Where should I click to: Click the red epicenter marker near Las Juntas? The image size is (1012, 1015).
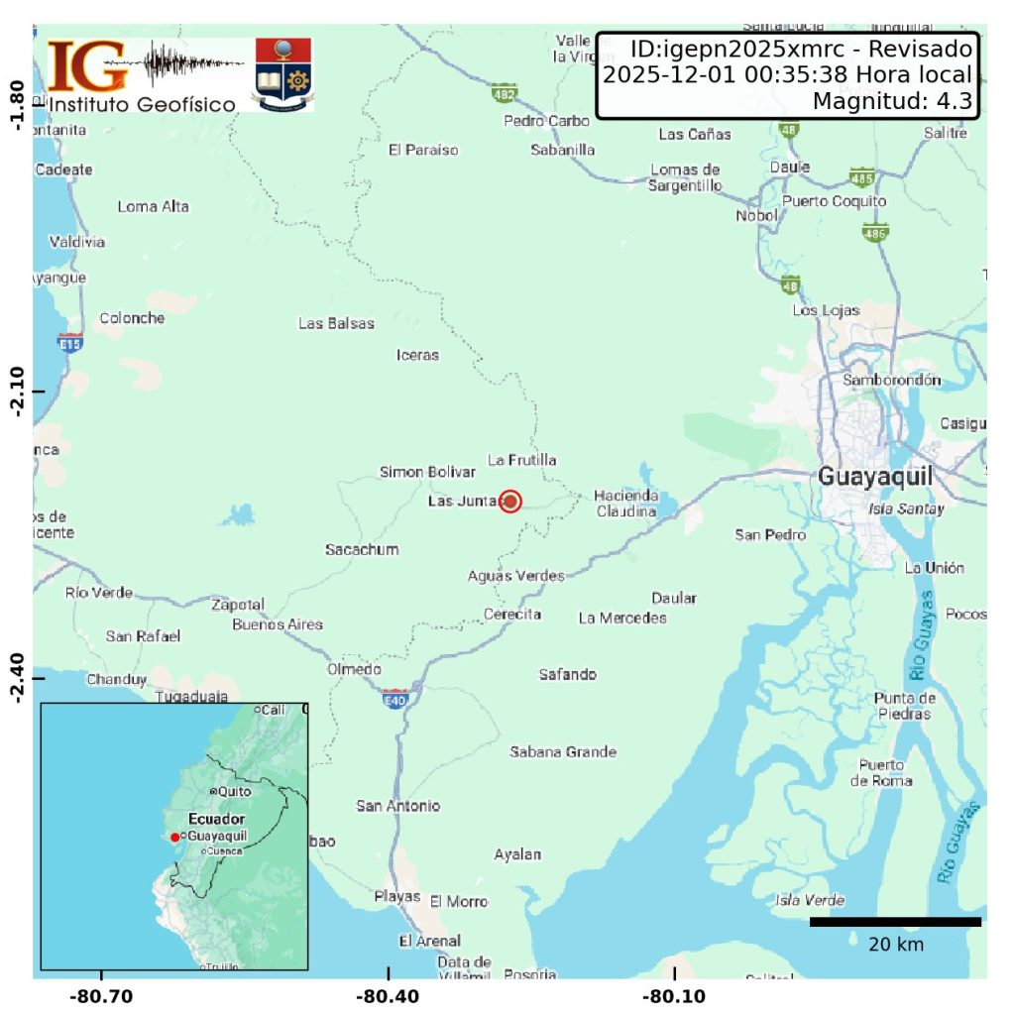coord(510,502)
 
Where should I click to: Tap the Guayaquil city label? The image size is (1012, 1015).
coord(875,477)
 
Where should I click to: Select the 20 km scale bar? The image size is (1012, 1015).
coord(895,922)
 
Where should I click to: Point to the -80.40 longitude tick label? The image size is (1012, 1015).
coord(389,996)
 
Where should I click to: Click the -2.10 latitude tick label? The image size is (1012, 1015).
coord(16,393)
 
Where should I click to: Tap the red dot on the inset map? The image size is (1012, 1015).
coord(174,838)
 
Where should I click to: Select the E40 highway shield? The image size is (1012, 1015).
coord(395,699)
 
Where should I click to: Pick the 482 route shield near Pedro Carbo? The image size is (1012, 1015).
coord(505,93)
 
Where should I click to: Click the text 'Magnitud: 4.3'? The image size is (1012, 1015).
coord(890,101)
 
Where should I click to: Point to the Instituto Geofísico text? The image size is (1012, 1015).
coord(143,104)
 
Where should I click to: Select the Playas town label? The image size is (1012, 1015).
coord(396,896)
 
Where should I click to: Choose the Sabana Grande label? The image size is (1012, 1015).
coord(563,751)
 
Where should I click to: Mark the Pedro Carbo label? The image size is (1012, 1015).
coord(546,121)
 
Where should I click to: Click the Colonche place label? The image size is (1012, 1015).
coord(132,318)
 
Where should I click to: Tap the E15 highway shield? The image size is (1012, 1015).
coord(69,344)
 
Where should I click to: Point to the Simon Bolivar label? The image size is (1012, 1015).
coord(427,472)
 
